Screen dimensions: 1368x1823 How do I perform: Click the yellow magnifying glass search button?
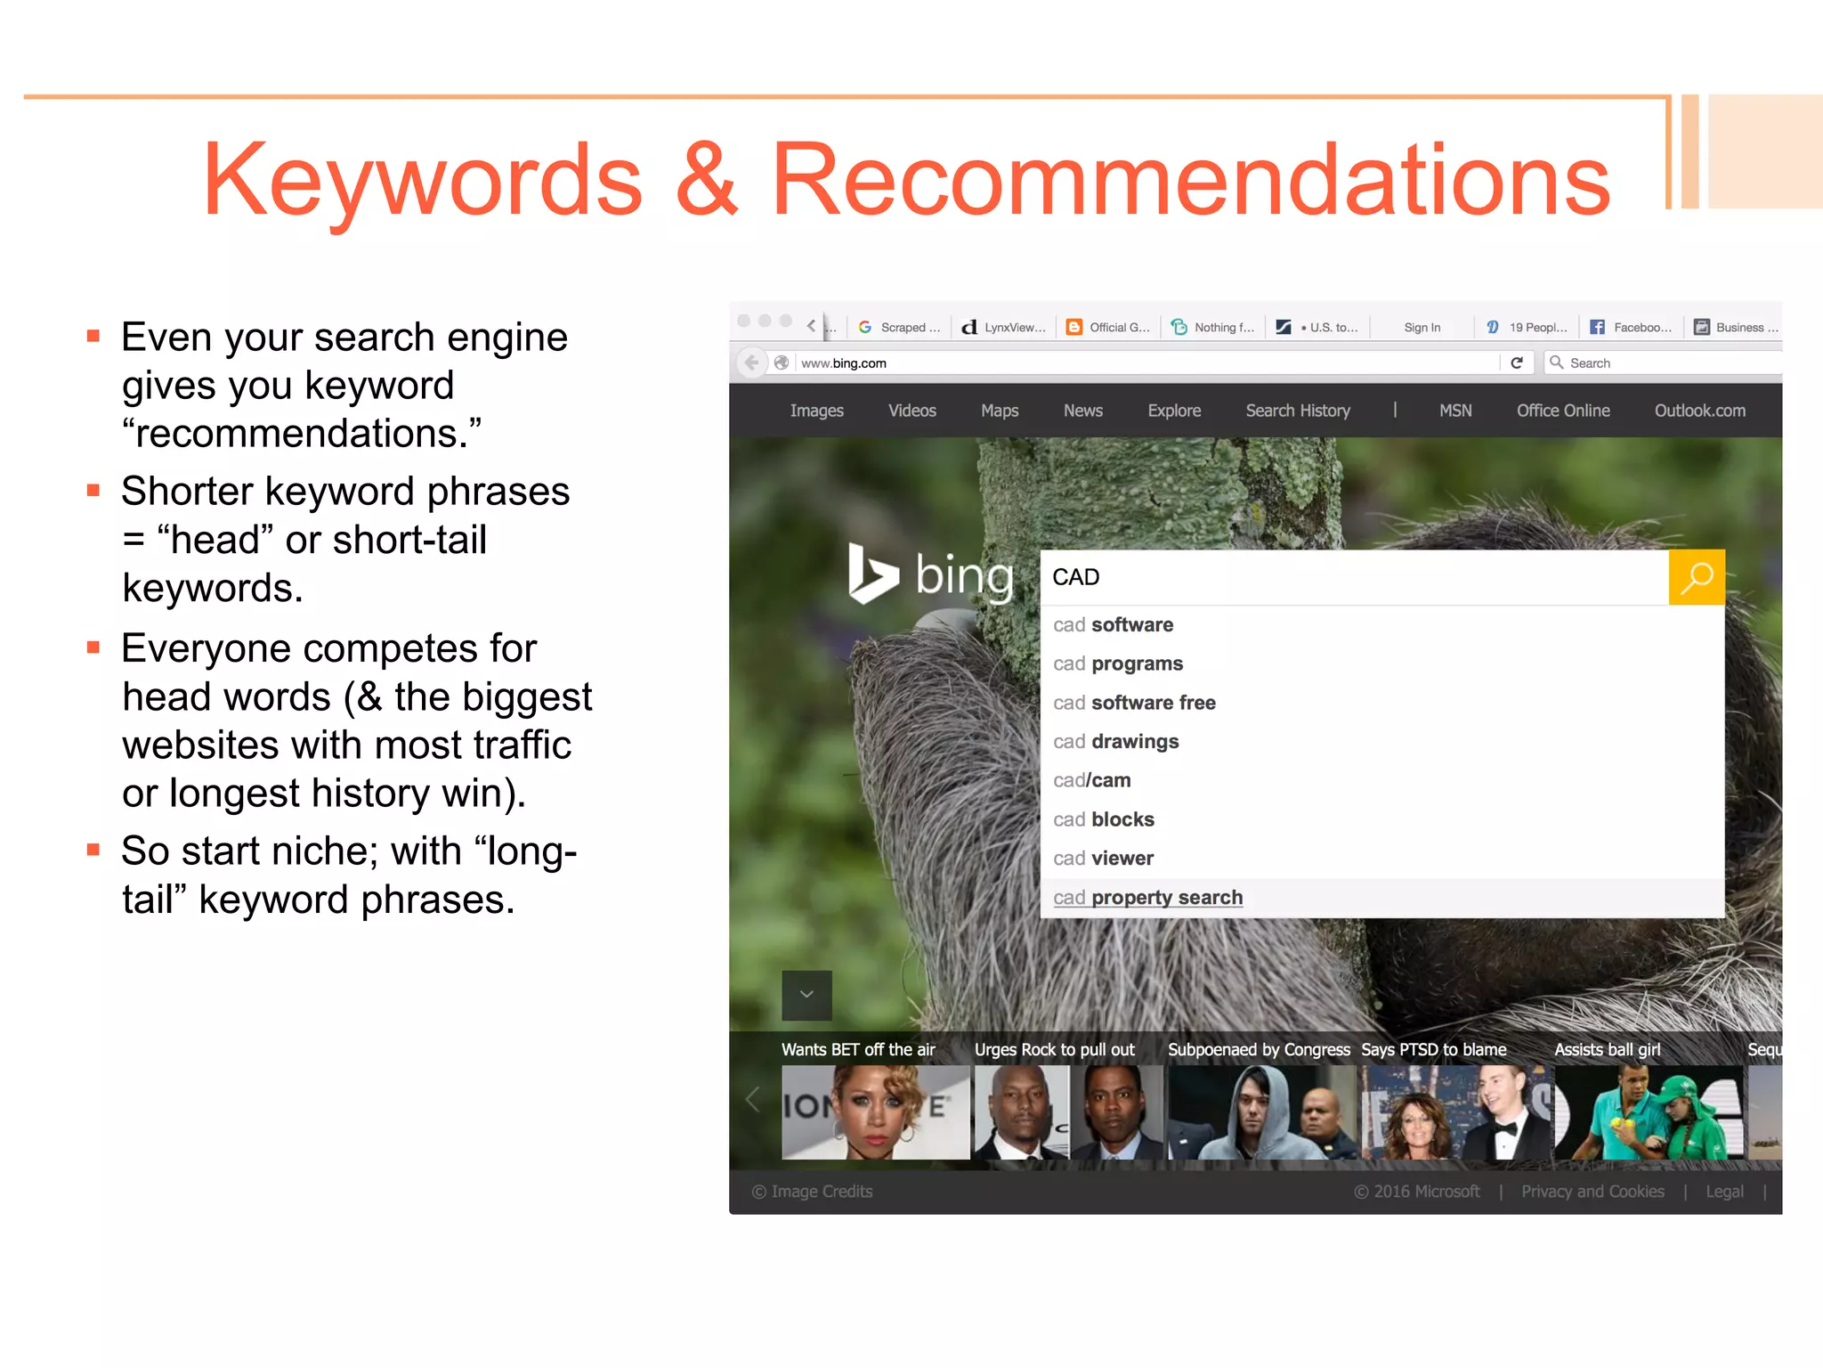pyautogui.click(x=1696, y=577)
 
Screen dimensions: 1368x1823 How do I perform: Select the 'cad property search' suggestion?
pyautogui.click(x=1147, y=898)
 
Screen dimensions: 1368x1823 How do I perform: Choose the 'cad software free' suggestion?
pyautogui.click(x=1134, y=703)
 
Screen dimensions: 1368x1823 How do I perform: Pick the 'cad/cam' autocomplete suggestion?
pyautogui.click(x=1091, y=781)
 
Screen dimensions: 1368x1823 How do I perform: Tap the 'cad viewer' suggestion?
pyautogui.click(x=1103, y=859)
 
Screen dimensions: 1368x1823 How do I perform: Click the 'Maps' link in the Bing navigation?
pyautogui.click(x=999, y=411)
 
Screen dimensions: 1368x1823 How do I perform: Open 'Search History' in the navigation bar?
pyautogui.click(x=1297, y=411)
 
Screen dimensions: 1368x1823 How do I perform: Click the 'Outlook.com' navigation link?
pyautogui.click(x=1699, y=411)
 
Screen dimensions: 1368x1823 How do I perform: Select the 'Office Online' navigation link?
pyautogui.click(x=1562, y=411)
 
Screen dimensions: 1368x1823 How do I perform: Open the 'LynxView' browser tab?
pyautogui.click(x=1004, y=328)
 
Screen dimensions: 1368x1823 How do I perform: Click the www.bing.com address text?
pyautogui.click(x=843, y=363)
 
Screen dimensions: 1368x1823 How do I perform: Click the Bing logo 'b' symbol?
pyautogui.click(x=871, y=573)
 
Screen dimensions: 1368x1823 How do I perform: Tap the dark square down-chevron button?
pyautogui.click(x=806, y=995)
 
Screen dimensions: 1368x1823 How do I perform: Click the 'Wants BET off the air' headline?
pyautogui.click(x=858, y=1050)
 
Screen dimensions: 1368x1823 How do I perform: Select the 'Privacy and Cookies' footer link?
pyautogui.click(x=1592, y=1192)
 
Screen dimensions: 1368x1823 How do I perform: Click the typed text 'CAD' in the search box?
pyautogui.click(x=1075, y=577)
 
